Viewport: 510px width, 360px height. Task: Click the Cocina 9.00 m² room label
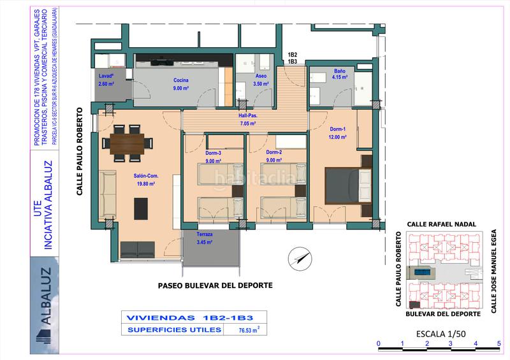pos(180,84)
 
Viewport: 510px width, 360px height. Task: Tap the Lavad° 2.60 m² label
pos(106,80)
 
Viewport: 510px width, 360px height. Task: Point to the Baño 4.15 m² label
pos(339,74)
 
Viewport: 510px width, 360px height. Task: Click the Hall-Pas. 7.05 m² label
pos(247,119)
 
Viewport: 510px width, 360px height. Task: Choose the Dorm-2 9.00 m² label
pos(274,156)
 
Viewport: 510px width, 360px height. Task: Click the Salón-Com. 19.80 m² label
pos(147,180)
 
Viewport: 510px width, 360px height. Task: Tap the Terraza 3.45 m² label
pos(204,238)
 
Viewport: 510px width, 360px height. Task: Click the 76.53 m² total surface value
pos(249,330)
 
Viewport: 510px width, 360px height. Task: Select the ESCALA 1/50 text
pos(441,333)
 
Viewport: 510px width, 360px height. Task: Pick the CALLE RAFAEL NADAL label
pos(442,224)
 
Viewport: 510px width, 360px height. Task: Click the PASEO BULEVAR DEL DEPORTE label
pos(215,285)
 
